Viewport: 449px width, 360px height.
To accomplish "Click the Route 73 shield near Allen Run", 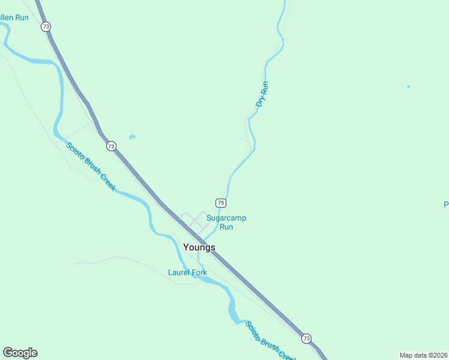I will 46,26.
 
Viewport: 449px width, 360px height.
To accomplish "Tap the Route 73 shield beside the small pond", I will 111,146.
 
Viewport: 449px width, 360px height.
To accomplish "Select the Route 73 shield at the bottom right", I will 307,338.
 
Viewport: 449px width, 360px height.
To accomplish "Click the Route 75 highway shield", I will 221,203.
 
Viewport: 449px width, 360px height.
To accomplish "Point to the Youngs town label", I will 199,247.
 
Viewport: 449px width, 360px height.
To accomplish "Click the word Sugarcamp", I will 226,218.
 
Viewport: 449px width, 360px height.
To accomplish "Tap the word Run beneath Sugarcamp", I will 226,227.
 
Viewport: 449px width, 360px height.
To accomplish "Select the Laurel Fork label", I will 187,272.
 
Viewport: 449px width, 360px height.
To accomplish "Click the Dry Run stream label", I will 262,94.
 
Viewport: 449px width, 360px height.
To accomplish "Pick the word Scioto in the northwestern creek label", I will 76,153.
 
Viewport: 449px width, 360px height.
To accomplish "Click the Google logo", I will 20,353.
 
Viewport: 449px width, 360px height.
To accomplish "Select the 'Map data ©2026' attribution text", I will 423,355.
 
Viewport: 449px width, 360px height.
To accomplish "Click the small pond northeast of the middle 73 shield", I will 132,137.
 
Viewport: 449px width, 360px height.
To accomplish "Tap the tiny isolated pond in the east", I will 409,86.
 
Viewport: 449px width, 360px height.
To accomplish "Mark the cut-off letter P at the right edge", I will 446,205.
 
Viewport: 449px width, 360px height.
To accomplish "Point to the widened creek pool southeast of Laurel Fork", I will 231,310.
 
